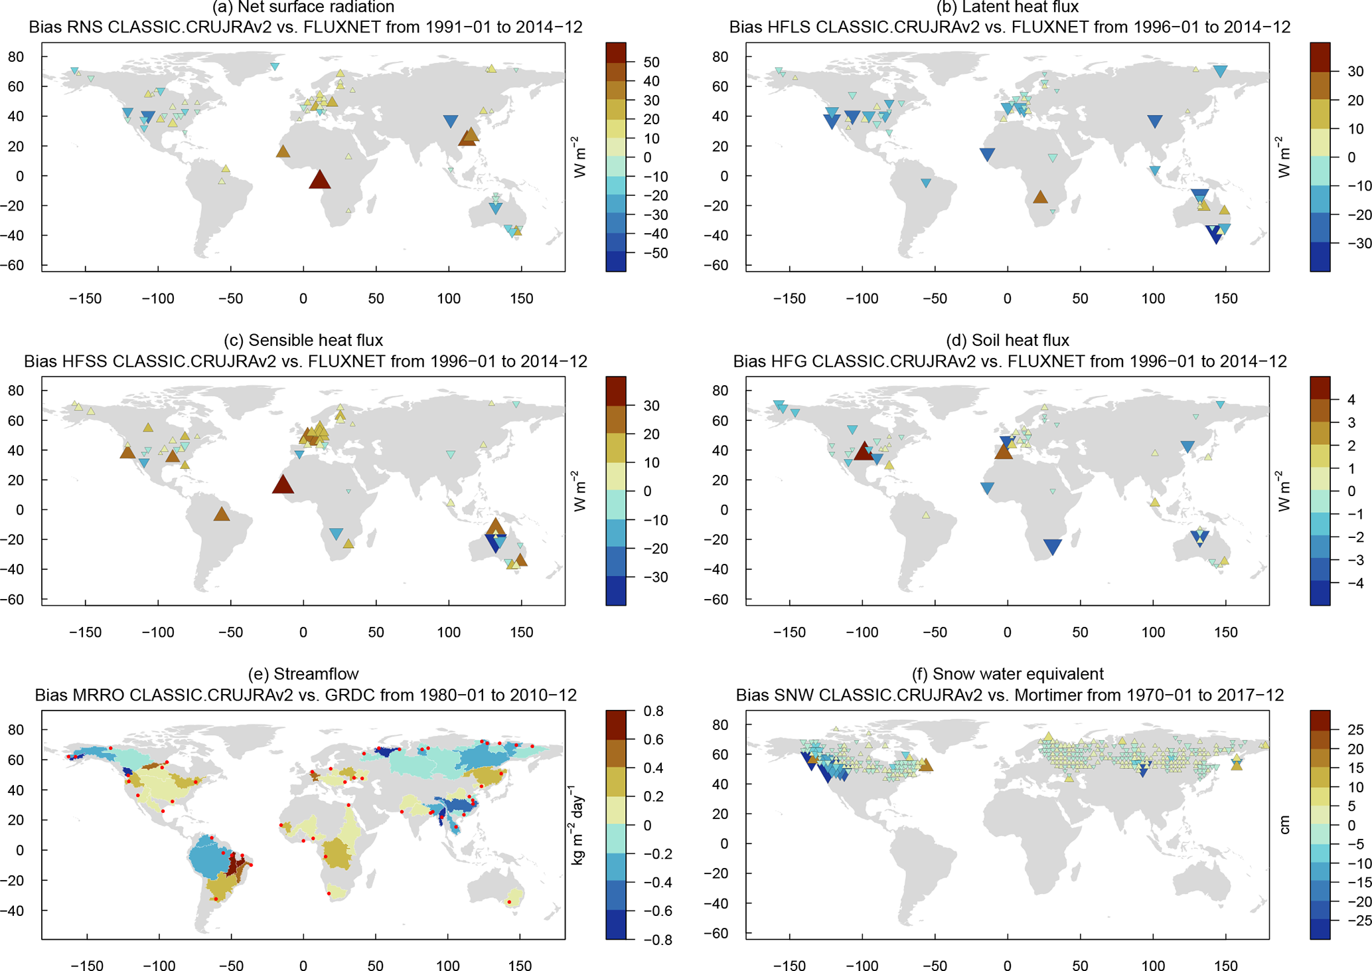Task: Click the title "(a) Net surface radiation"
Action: click(303, 7)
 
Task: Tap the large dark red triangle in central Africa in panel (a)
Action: click(320, 179)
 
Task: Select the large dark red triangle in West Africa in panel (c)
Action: click(283, 484)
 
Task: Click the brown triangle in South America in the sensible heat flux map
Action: click(222, 513)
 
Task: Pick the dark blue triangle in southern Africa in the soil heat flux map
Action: click(1052, 547)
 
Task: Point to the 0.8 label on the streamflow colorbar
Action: click(653, 711)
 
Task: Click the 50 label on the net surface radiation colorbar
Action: click(651, 62)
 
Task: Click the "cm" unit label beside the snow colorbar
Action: click(1285, 825)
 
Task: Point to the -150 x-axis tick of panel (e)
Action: click(86, 965)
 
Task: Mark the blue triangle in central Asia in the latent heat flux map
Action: click(1154, 122)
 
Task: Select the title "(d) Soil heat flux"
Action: click(1007, 341)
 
